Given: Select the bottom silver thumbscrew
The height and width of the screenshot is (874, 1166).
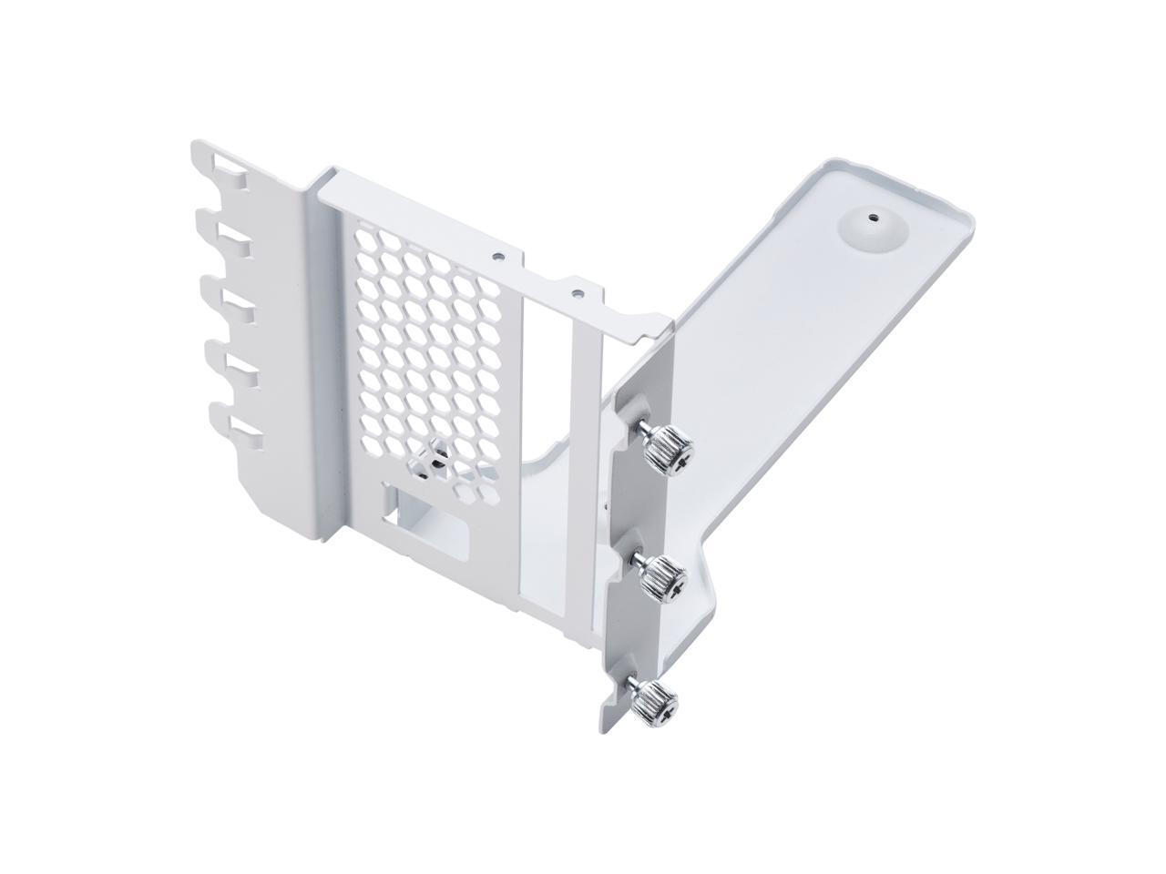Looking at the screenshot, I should point(654,698).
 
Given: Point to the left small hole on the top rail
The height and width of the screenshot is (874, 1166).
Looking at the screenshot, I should point(496,256).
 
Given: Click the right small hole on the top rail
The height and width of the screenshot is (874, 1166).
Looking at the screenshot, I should point(576,293).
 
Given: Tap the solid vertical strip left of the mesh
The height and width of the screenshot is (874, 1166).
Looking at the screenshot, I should point(332,364).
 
